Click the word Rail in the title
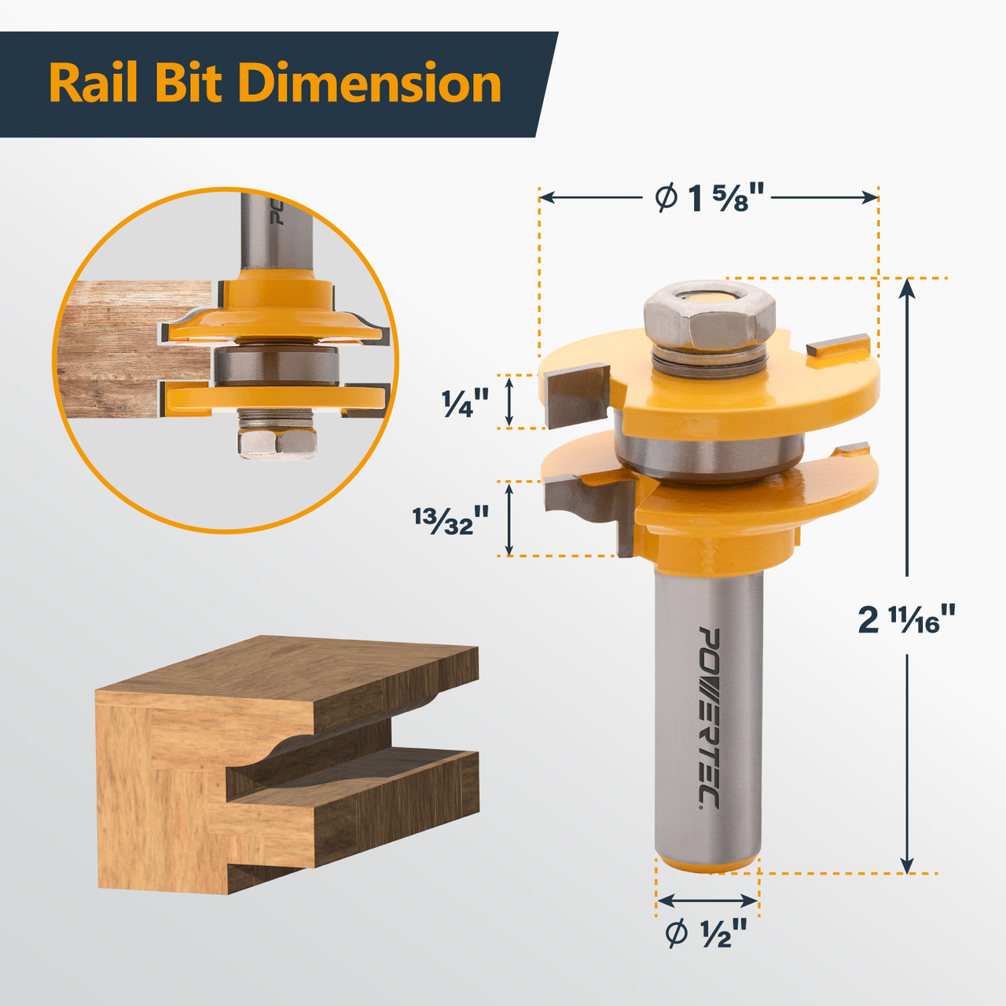(x=94, y=83)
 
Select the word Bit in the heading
(x=188, y=83)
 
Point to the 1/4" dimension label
(x=465, y=403)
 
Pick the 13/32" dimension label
(x=451, y=520)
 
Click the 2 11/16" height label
(x=907, y=619)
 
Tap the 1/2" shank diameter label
(x=706, y=934)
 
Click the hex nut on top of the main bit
(x=710, y=316)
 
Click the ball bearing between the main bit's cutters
(x=707, y=456)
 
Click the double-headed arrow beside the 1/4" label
(x=509, y=402)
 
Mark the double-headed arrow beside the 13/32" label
(x=509, y=519)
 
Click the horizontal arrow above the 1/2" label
(x=707, y=901)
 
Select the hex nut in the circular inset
(x=277, y=442)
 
